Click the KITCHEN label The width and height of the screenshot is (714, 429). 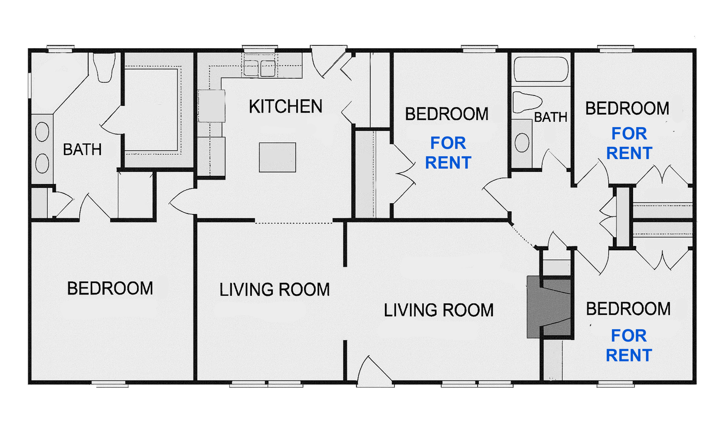[x=286, y=107]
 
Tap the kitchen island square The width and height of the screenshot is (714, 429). [x=277, y=157]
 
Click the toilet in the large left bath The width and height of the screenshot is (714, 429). [x=104, y=68]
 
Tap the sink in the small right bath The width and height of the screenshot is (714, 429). [x=522, y=143]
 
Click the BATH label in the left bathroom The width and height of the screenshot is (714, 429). [x=82, y=149]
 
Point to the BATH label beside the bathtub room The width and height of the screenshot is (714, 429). [x=550, y=117]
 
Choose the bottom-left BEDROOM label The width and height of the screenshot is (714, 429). [x=110, y=289]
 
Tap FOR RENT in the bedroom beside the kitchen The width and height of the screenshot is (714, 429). [x=448, y=153]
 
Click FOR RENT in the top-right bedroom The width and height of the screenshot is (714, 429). [x=629, y=143]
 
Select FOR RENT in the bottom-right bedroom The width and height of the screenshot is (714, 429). [x=629, y=345]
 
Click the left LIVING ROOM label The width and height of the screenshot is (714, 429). [x=274, y=290]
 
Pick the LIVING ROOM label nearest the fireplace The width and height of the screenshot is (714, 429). [x=438, y=310]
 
